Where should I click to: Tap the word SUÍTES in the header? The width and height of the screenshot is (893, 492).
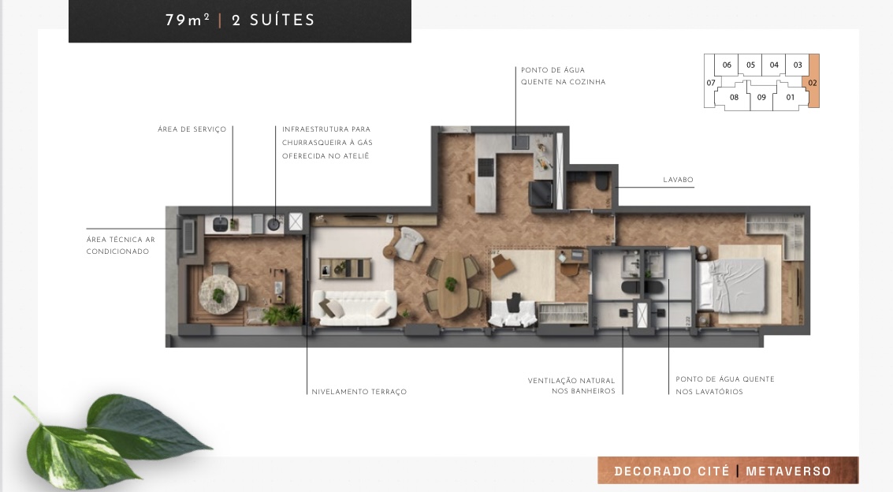[x=282, y=20]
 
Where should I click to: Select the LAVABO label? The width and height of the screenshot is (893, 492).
[x=678, y=180]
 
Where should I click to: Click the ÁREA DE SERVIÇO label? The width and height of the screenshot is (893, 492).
[x=192, y=129]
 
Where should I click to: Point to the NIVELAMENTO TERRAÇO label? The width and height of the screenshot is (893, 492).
[x=359, y=392]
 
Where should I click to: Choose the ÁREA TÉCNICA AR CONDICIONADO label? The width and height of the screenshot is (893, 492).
[x=120, y=245]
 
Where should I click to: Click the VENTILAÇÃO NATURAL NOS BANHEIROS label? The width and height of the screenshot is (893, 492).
[x=571, y=386]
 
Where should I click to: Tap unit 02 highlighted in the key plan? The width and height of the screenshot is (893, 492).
[x=813, y=81]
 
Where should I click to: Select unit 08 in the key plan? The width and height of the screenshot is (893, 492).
[x=734, y=98]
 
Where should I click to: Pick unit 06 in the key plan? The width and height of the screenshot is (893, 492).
[x=727, y=65]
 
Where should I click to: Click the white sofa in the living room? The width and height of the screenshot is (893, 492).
[x=355, y=307]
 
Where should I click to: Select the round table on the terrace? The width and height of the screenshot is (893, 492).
[x=218, y=293]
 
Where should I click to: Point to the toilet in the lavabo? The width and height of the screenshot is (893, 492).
[x=602, y=183]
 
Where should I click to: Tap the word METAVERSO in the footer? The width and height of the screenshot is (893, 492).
[x=788, y=471]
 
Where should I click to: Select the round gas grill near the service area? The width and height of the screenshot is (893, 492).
[x=273, y=224]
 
